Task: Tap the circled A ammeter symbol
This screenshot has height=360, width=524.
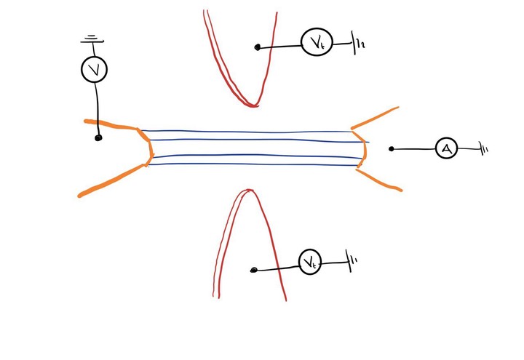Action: (446, 149)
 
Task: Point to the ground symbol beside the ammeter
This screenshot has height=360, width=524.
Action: (483, 150)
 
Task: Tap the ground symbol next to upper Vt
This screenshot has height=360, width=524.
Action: (359, 45)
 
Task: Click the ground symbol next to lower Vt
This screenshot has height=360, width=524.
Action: (353, 262)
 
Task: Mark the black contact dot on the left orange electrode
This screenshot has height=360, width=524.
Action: (98, 137)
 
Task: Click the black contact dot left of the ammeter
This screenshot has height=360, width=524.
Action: (392, 149)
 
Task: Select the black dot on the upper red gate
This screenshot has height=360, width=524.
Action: (258, 48)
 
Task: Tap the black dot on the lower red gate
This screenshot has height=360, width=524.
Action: (253, 271)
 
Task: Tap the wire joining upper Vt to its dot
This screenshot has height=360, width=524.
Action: (280, 47)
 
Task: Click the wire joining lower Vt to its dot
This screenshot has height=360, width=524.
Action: (277, 267)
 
